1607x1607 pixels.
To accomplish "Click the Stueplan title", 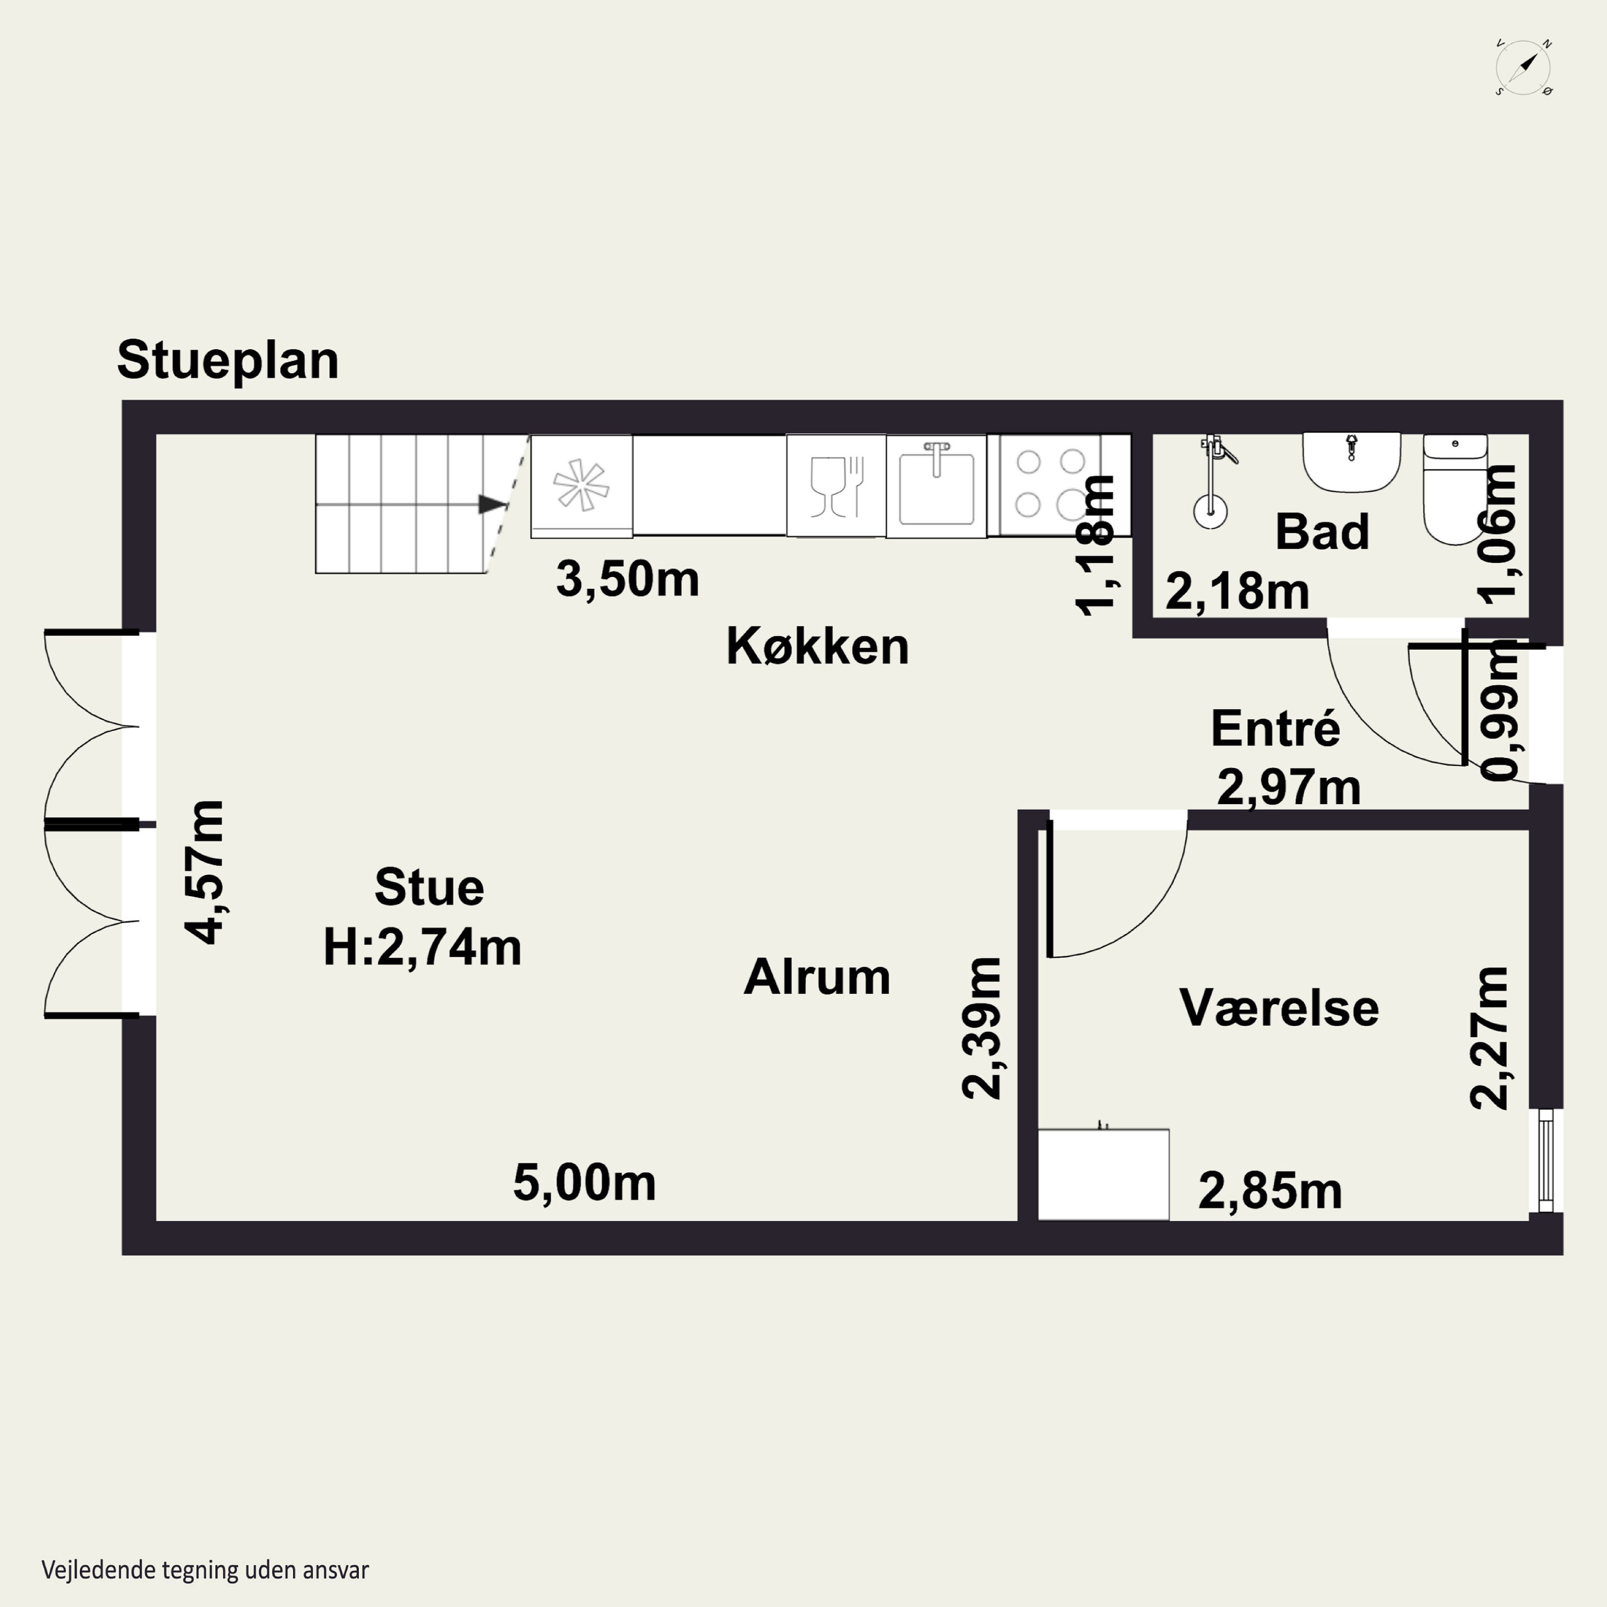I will (x=227, y=360).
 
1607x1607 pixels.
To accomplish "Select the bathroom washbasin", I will (x=1351, y=462).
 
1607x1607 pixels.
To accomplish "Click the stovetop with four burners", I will (x=1050, y=484).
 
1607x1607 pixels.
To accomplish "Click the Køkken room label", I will (x=817, y=647).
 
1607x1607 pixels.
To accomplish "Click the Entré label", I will (x=1274, y=729).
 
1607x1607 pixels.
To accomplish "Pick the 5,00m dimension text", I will (x=584, y=1183).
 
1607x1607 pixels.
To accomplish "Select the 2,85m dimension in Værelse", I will (x=1270, y=1191).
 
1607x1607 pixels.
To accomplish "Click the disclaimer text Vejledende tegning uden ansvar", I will (x=205, y=1570).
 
